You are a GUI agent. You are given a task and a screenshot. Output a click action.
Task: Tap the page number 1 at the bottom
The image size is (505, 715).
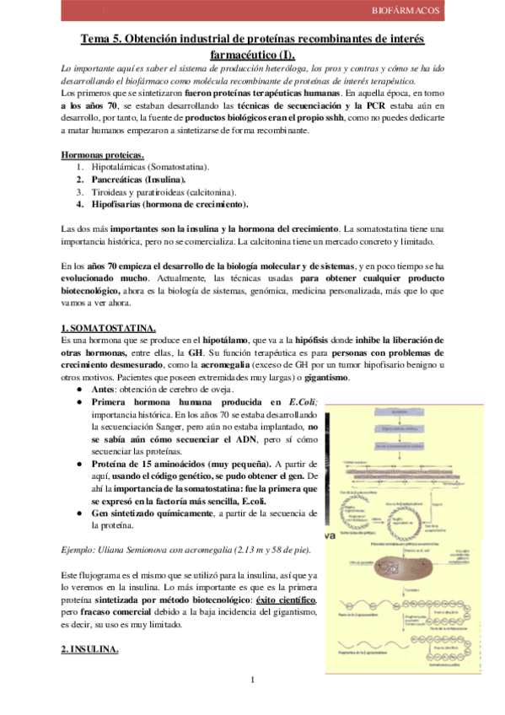coord(253,680)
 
